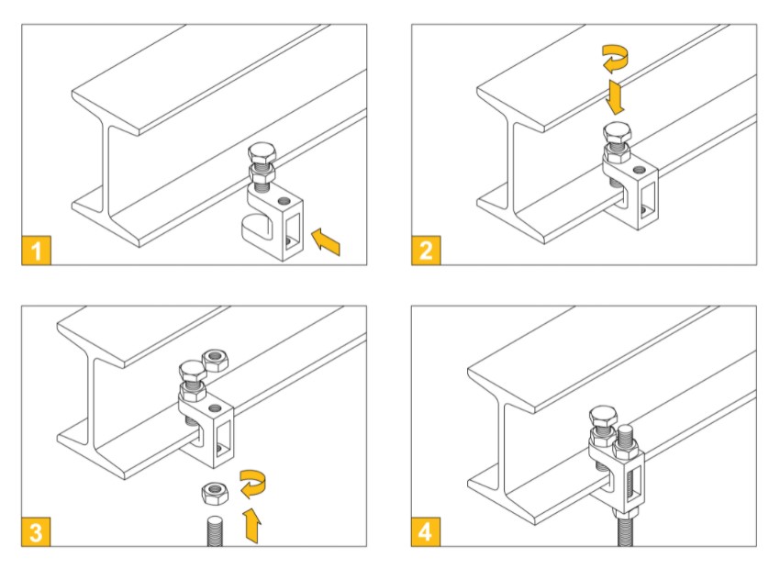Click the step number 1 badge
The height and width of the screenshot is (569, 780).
36,251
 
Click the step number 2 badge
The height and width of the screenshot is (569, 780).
426,251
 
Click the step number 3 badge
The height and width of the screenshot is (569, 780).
36,531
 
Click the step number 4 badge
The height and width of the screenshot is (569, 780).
426,531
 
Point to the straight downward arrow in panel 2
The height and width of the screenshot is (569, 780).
616,96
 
